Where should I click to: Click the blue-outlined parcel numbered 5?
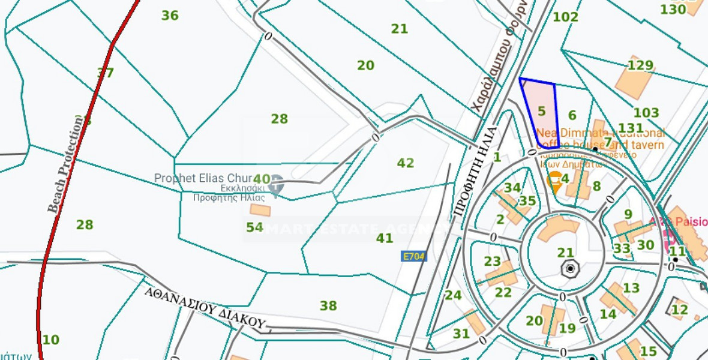coord(541,112)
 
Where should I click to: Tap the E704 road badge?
coord(413,256)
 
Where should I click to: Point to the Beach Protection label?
coord(66,164)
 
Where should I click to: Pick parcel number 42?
coord(406,163)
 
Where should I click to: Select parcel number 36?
coord(170,16)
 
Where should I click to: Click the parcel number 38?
coord(328,307)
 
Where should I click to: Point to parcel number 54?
coord(255,227)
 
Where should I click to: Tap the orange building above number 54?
coord(260,210)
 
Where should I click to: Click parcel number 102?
coord(565,17)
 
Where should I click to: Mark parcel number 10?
coord(50,340)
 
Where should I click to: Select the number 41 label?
coord(385,238)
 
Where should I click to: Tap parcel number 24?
coord(453,295)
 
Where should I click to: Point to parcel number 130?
coord(673,10)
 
